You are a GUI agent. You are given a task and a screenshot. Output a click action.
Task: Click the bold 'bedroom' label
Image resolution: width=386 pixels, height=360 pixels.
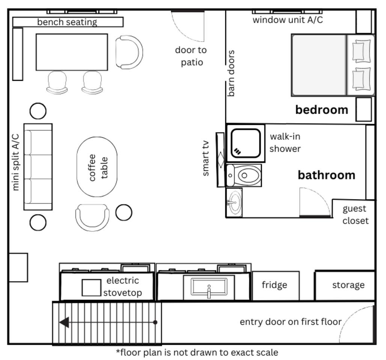tap(321, 109)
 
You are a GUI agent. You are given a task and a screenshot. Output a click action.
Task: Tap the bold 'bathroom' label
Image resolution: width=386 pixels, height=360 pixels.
tap(326, 175)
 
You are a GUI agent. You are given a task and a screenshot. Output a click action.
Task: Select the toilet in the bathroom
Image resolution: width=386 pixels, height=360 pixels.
tap(244, 175)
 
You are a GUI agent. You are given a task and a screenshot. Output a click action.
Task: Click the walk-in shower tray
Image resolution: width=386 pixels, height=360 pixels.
tap(246, 143)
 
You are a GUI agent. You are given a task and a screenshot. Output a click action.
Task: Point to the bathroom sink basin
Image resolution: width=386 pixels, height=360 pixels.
tap(235, 202)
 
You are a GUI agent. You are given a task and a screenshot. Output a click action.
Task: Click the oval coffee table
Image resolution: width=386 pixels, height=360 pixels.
tap(97, 167)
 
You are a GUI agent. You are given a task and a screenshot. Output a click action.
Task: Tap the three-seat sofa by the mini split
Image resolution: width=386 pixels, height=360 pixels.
tap(38, 167)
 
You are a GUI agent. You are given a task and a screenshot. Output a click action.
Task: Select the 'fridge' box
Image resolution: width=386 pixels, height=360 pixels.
tap(276, 285)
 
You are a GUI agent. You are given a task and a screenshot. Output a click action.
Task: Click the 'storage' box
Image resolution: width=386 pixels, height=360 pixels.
tap(345, 285)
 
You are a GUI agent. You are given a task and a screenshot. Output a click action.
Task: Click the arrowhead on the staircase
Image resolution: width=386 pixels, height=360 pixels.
tap(64, 322)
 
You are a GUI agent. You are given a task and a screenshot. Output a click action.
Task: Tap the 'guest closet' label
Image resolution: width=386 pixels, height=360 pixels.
tap(355, 214)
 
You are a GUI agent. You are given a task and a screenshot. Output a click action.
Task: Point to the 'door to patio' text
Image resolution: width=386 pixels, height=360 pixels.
tap(191, 56)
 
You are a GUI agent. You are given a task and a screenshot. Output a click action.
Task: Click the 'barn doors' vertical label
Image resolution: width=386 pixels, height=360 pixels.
tap(231, 73)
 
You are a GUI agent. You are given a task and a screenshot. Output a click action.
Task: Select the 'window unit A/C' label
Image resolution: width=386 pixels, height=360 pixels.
tap(288, 20)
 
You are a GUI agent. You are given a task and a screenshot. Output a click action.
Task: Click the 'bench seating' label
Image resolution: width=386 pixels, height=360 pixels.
tap(67, 22)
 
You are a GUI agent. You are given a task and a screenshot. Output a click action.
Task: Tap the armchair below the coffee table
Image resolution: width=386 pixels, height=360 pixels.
tap(92, 217)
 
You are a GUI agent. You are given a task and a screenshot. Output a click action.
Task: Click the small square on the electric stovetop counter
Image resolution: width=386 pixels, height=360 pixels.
tap(91, 288)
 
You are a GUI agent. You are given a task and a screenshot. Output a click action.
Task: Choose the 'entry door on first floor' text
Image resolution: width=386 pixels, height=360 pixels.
tap(291, 322)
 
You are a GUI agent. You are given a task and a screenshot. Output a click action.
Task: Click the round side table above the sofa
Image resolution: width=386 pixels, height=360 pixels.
tap(38, 111)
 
